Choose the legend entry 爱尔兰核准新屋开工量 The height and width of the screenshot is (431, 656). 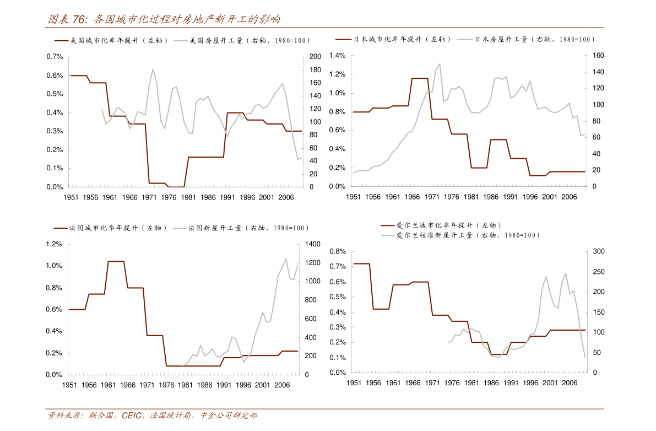tap(468, 235)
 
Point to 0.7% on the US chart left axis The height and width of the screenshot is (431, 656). tap(55, 57)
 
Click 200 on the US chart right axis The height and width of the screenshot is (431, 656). tap(315, 57)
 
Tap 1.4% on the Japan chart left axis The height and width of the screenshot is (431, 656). tap(337, 56)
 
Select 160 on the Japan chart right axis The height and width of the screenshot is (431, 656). tap(599, 56)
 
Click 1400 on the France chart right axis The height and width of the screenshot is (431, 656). tap(312, 244)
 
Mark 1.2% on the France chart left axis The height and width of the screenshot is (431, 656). tap(53, 244)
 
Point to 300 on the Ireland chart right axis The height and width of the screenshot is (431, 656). tap(599, 252)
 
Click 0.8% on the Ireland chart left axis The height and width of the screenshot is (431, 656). tap(337, 252)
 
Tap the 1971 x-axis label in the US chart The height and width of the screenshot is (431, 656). tap(149, 197)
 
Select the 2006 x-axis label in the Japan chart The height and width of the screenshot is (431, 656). tap(570, 197)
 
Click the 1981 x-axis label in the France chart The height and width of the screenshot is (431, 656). tap(185, 385)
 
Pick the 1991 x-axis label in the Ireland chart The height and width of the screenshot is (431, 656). tap(511, 383)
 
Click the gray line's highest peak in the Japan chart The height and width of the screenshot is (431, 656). tap(440, 64)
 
